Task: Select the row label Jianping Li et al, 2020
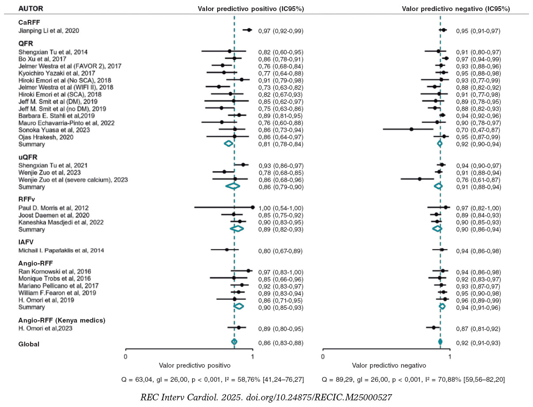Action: coord(49,31)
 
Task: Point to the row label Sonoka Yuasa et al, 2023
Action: coord(54,130)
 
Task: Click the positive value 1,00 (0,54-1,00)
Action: coord(280,208)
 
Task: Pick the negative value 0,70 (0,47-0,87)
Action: coord(478,130)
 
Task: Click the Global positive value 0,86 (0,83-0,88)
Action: coord(280,343)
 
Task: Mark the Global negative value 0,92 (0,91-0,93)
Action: coord(478,343)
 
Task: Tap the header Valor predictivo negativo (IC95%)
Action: coord(456,8)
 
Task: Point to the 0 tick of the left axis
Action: coord(125,356)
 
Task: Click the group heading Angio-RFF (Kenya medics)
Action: coord(61,320)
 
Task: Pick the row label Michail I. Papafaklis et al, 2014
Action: coord(61,251)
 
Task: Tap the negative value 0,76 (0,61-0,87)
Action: coord(478,179)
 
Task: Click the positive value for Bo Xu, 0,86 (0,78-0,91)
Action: coord(280,59)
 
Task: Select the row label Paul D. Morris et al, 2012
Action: coord(53,208)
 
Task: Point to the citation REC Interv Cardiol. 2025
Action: coord(266,397)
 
